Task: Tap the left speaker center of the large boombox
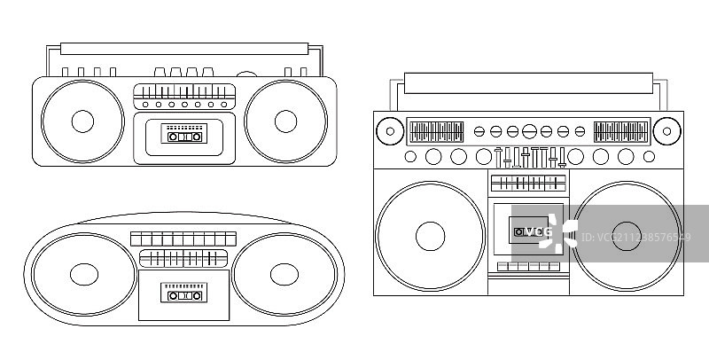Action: (x=429, y=235)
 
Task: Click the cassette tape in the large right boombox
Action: (x=529, y=231)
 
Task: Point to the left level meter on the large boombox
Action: (x=435, y=132)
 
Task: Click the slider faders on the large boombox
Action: (x=529, y=158)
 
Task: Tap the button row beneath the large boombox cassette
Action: (x=529, y=266)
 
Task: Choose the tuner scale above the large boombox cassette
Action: (x=529, y=184)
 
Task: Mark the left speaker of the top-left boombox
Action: (x=82, y=121)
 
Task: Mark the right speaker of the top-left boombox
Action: (x=285, y=121)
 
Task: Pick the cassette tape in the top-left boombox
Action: (x=184, y=136)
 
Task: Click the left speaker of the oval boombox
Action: (x=82, y=274)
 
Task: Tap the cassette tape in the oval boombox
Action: (x=183, y=293)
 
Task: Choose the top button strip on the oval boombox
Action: (x=183, y=239)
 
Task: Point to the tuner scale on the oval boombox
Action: (x=183, y=258)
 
